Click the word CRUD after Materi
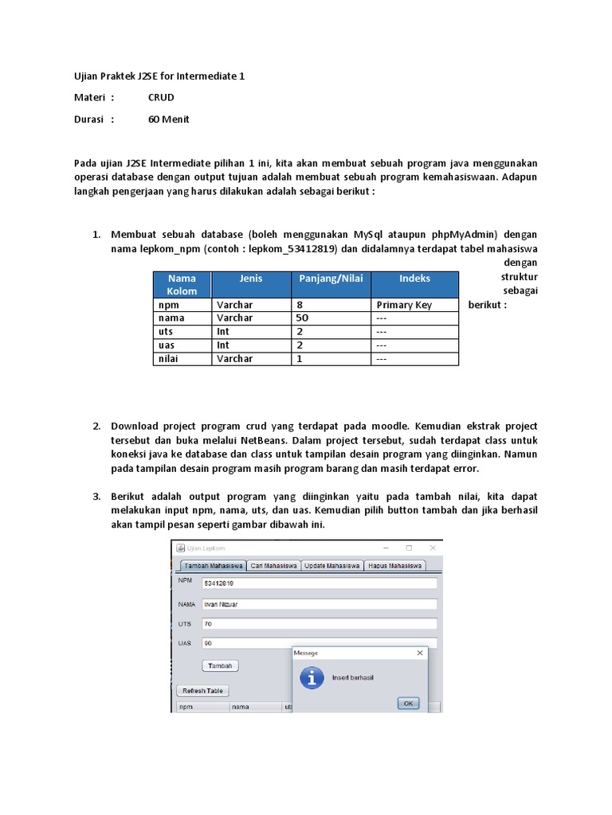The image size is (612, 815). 161,98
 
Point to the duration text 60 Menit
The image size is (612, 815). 168,119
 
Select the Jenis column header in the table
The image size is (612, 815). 250,279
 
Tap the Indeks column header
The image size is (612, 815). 414,279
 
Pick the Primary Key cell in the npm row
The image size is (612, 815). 404,305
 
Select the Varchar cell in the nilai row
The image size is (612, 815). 234,359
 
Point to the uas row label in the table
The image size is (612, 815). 167,345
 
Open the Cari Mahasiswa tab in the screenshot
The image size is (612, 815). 273,566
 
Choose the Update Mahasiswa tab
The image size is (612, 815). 331,566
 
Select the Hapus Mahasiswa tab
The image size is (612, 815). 394,566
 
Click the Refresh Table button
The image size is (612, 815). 203,691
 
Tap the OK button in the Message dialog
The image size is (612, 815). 408,703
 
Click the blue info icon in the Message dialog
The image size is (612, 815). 312,677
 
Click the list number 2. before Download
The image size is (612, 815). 96,427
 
